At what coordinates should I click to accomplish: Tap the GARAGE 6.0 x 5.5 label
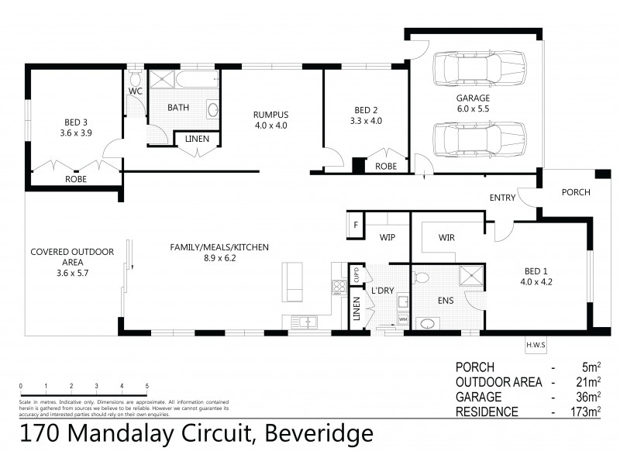pos(473,104)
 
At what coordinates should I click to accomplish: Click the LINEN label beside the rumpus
pos(197,139)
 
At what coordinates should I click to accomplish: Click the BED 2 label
pos(366,115)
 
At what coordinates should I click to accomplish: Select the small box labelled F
pos(355,225)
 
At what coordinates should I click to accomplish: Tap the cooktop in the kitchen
pos(338,286)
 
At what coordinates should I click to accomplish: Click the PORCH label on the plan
pos(575,192)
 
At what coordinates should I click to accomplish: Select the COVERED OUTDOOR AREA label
pos(71,257)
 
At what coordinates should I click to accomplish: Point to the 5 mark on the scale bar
pos(147,385)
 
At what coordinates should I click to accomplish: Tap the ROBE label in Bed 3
pos(76,179)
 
